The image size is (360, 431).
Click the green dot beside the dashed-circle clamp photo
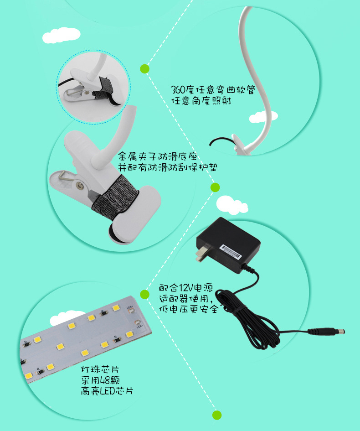(x=145, y=69)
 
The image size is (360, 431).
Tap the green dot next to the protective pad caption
(x=215, y=187)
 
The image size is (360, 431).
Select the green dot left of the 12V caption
(x=145, y=294)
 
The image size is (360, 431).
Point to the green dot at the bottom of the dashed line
(x=217, y=415)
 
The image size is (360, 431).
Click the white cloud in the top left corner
(x=61, y=35)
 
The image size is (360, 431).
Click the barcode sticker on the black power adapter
(x=231, y=251)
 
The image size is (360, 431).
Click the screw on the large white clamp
(x=80, y=186)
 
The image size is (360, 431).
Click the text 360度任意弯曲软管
(x=213, y=89)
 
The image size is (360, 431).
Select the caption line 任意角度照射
(x=201, y=101)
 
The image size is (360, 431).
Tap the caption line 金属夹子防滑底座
(x=158, y=157)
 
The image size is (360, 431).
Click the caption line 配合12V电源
(x=186, y=288)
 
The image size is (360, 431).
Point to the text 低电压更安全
(x=189, y=309)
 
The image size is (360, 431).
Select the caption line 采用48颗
(x=100, y=380)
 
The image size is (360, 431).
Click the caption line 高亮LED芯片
(x=107, y=391)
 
